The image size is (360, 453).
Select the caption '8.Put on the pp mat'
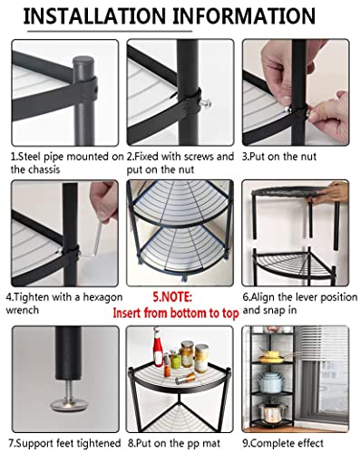(x=179, y=443)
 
